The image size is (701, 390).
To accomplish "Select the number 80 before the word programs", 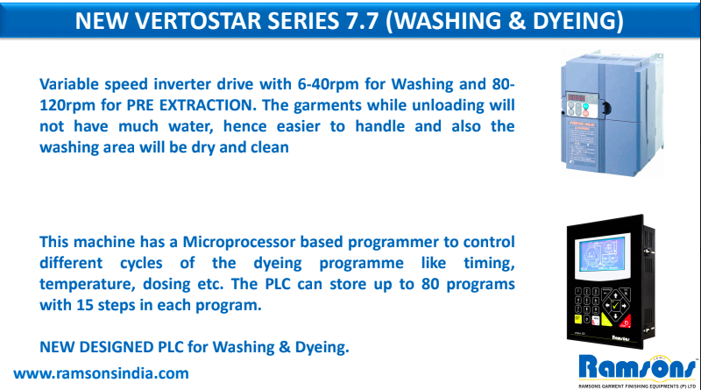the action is click(430, 284).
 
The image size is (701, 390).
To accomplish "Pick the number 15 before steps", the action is click(85, 305).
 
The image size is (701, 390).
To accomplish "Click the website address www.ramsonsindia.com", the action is click(101, 373).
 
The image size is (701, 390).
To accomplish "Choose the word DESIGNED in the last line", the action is click(117, 347).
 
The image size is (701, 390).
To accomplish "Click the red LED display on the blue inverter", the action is click(577, 97).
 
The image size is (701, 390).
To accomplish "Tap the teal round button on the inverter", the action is click(585, 107).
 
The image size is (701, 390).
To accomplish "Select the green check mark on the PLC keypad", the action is click(616, 306).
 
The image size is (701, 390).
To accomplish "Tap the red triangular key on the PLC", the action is click(626, 322).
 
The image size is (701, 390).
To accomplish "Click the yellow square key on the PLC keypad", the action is click(577, 319).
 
